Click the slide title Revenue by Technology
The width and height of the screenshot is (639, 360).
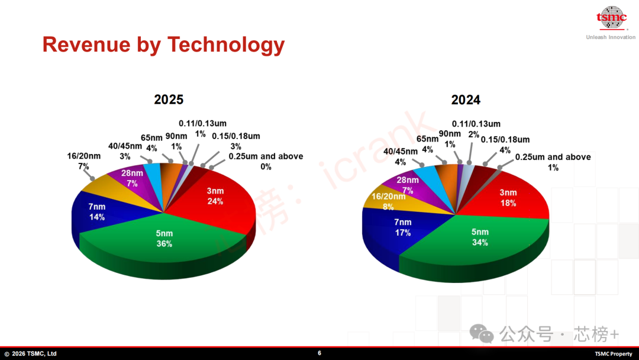[163, 44]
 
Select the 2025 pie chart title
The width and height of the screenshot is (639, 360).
[169, 99]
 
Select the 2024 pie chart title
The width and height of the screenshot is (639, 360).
[466, 99]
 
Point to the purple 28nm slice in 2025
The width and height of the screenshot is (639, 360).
[131, 178]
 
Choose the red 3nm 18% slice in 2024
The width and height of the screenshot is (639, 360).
[508, 197]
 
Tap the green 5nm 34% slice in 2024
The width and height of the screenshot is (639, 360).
[480, 237]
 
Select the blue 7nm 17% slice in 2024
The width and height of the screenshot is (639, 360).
[402, 228]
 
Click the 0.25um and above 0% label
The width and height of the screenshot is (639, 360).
[266, 162]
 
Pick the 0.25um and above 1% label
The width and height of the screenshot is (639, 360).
[553, 162]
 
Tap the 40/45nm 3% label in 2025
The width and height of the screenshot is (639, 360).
[125, 151]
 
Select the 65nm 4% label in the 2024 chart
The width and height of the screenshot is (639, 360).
[428, 144]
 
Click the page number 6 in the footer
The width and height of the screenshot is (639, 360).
[319, 353]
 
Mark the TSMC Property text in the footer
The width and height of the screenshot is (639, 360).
[614, 353]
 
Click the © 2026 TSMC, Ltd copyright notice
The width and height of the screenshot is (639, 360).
[31, 353]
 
